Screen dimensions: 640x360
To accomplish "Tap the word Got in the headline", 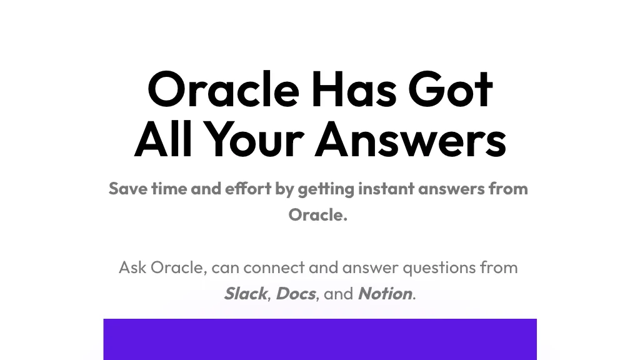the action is click(x=451, y=89).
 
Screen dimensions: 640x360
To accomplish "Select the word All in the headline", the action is click(x=163, y=139).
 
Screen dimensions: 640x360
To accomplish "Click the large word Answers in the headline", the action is click(x=410, y=139).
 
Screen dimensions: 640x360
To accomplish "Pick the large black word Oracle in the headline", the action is click(x=224, y=89).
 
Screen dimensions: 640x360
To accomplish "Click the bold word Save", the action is click(x=127, y=189).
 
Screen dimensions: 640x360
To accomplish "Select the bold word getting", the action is click(x=326, y=189).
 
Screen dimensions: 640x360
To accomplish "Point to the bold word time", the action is click(x=169, y=189).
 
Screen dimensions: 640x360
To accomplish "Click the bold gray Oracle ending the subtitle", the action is click(x=318, y=215).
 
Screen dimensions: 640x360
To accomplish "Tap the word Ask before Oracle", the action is click(x=132, y=267).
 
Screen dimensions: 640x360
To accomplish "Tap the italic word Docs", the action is click(x=296, y=294).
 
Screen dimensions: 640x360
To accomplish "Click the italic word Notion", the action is click(x=385, y=294).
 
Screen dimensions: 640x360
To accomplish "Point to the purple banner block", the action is click(x=320, y=339).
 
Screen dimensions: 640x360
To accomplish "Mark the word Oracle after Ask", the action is click(x=179, y=267).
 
